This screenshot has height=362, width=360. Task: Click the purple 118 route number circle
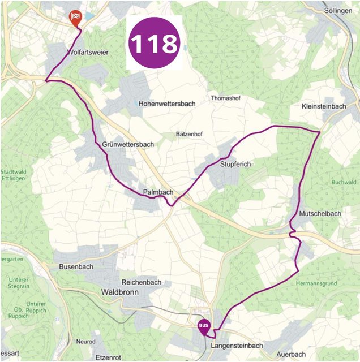pos(154,44)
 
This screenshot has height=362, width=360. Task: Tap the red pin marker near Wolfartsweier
pos(75,18)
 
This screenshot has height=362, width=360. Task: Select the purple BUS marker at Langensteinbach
pos(204,326)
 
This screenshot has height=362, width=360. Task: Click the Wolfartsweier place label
pos(87,52)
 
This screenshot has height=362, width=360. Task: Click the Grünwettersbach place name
pos(128,145)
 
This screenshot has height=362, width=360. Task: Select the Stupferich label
pos(235,164)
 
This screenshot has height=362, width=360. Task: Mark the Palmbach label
pos(158,192)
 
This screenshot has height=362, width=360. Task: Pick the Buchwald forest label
pos(344,182)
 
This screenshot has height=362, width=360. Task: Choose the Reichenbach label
pos(142,282)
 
